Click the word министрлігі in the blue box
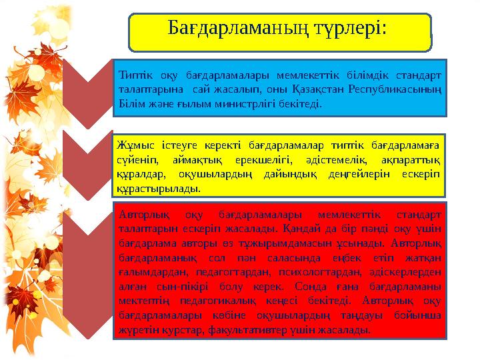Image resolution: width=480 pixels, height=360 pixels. pos(248,104)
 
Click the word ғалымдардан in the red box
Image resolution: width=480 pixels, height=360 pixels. pos(148,275)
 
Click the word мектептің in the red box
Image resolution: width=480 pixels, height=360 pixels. pos(141,302)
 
